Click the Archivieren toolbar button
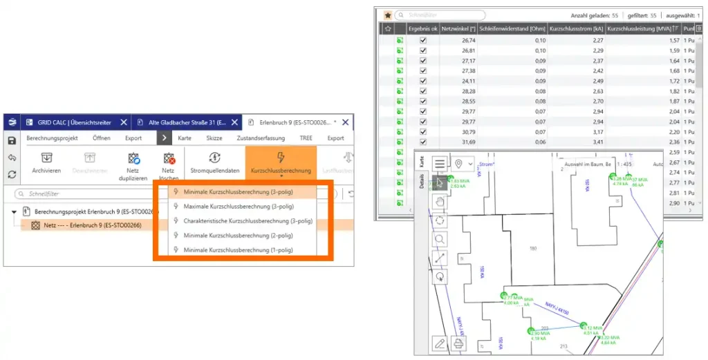tap(46, 163)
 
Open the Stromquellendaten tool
tap(214, 163)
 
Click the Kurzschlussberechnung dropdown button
tap(281, 163)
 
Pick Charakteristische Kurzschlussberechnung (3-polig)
tap(248, 221)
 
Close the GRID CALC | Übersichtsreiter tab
tap(123, 122)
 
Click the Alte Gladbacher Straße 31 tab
tap(187, 122)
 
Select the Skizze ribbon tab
tap(214, 138)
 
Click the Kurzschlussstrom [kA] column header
tap(577, 28)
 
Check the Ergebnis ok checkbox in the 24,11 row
tap(423, 81)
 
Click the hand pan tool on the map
tap(440, 202)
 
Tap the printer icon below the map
tap(458, 343)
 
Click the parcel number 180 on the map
tap(532, 248)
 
